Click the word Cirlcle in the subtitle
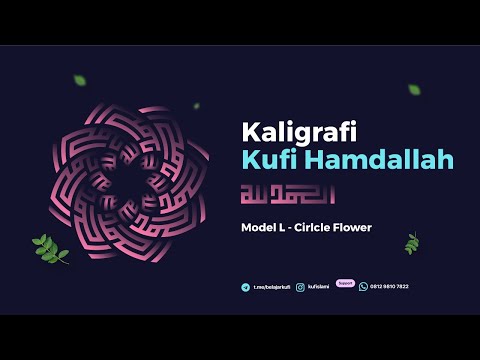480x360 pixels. (319, 228)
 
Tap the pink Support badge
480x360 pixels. (345, 282)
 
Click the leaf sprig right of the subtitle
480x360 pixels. (411, 243)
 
